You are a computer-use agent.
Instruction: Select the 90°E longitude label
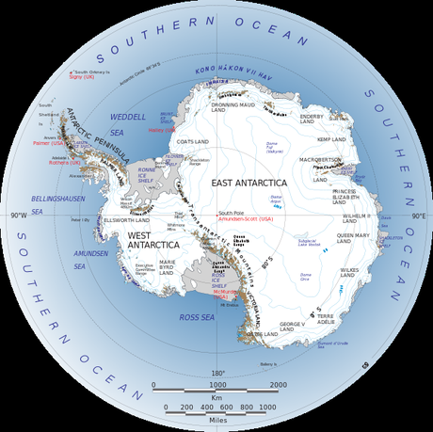pos(419,216)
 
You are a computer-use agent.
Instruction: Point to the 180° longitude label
pos(216,374)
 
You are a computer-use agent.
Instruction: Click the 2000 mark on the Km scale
pos(278,384)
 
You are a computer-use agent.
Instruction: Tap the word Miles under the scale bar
pos(216,421)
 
